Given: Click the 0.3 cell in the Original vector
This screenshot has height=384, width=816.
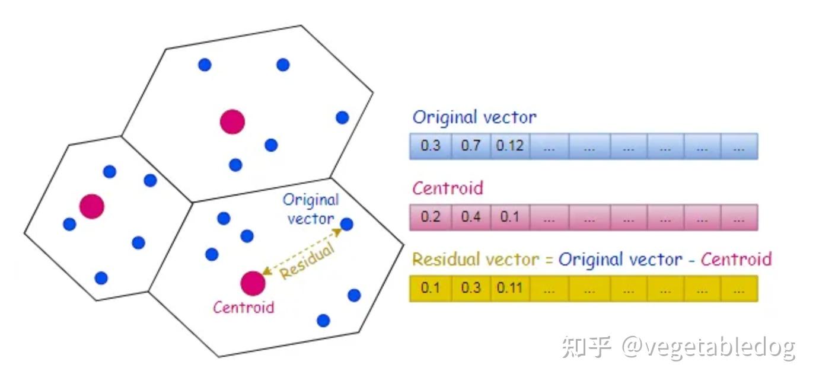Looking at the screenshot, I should pyautogui.click(x=430, y=146).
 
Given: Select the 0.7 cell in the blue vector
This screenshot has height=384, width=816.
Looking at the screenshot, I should pyautogui.click(x=470, y=146).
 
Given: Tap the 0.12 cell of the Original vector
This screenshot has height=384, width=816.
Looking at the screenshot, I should pyautogui.click(x=510, y=146).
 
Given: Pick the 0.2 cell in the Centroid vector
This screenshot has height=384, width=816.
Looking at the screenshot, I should pyautogui.click(x=430, y=217).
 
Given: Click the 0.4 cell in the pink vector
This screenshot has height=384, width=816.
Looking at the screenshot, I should pyautogui.click(x=470, y=217).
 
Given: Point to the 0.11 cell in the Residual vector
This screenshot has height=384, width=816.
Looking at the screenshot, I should pyautogui.click(x=510, y=289).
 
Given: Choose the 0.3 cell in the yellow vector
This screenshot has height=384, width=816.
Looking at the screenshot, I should pyautogui.click(x=470, y=289).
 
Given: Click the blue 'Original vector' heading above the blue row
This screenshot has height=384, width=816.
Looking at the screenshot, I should pyautogui.click(x=474, y=117).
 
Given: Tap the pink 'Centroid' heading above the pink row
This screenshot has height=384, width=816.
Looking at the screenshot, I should pyautogui.click(x=448, y=188).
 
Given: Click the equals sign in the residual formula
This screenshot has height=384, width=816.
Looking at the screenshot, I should pyautogui.click(x=549, y=260).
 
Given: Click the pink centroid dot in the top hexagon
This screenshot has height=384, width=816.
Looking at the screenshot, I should pyautogui.click(x=232, y=121).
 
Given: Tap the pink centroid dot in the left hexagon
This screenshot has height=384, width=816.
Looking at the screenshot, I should pyautogui.click(x=92, y=206).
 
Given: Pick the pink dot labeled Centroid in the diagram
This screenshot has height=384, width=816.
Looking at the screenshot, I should pyautogui.click(x=252, y=283).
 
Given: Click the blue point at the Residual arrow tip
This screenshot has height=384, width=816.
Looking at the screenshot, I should pyautogui.click(x=347, y=224).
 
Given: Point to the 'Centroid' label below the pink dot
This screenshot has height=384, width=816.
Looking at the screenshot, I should pyautogui.click(x=244, y=308).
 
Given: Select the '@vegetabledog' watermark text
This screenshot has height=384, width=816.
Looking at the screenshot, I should pyautogui.click(x=708, y=347).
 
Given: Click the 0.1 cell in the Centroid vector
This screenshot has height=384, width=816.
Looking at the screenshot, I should pyautogui.click(x=510, y=217).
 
